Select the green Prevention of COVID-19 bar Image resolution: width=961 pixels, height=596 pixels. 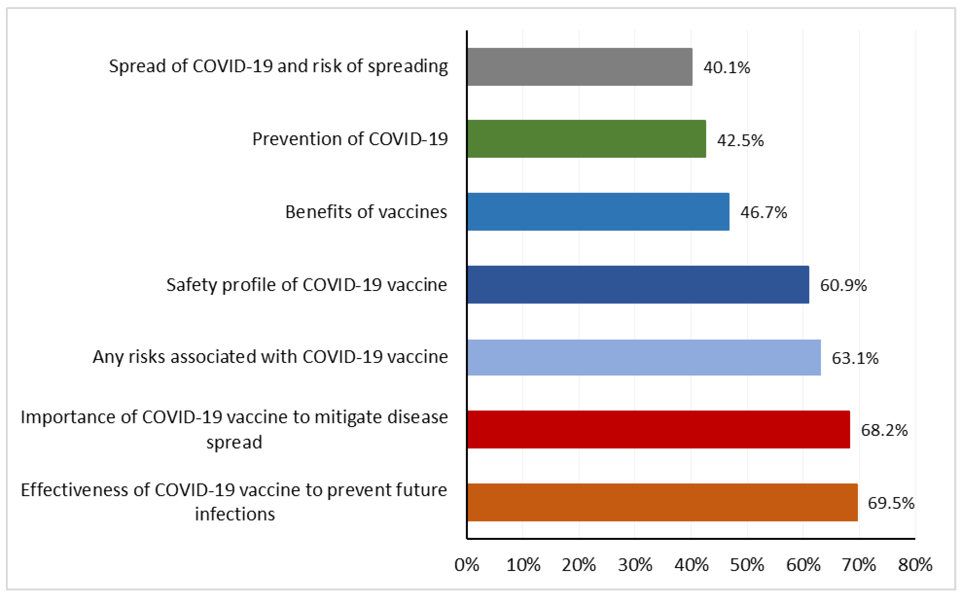pyautogui.click(x=586, y=139)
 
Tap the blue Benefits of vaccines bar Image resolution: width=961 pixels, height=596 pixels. pyautogui.click(x=598, y=212)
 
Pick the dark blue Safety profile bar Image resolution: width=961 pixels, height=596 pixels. pyautogui.click(x=638, y=285)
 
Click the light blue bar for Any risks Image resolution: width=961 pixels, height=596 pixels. pyautogui.click(x=644, y=358)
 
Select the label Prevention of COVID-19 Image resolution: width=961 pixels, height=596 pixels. pyautogui.click(x=349, y=139)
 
